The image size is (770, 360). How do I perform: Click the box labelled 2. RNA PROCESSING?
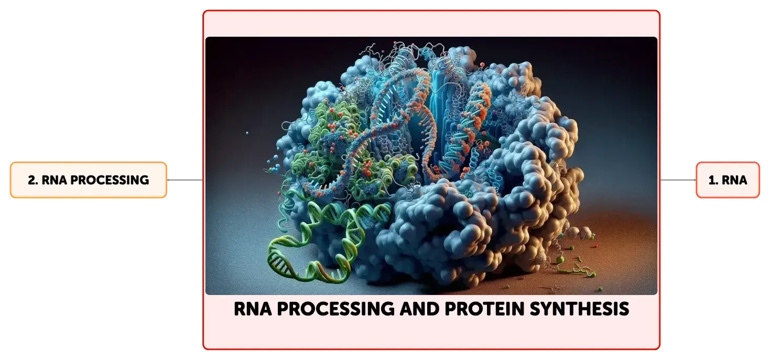pyautogui.click(x=89, y=180)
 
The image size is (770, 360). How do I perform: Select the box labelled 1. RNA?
pyautogui.click(x=728, y=180)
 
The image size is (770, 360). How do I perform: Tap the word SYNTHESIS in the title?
pyautogui.click(x=579, y=309)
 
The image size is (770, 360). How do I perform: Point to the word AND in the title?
pyautogui.click(x=419, y=309)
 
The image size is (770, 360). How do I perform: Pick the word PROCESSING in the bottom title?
pyautogui.click(x=336, y=309)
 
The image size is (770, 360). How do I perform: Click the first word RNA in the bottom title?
pyautogui.click(x=253, y=309)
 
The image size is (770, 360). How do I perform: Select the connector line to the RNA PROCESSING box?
pyautogui.click(x=185, y=180)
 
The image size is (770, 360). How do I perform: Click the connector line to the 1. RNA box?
pyautogui.click(x=678, y=180)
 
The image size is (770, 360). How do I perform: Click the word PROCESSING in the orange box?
pyautogui.click(x=110, y=180)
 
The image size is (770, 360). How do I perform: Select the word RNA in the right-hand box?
pyautogui.click(x=734, y=180)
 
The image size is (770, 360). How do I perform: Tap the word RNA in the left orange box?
pyautogui.click(x=55, y=180)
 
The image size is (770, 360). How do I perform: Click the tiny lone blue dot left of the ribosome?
pyautogui.click(x=247, y=133)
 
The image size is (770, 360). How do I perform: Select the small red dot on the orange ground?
pyautogui.click(x=597, y=246)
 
